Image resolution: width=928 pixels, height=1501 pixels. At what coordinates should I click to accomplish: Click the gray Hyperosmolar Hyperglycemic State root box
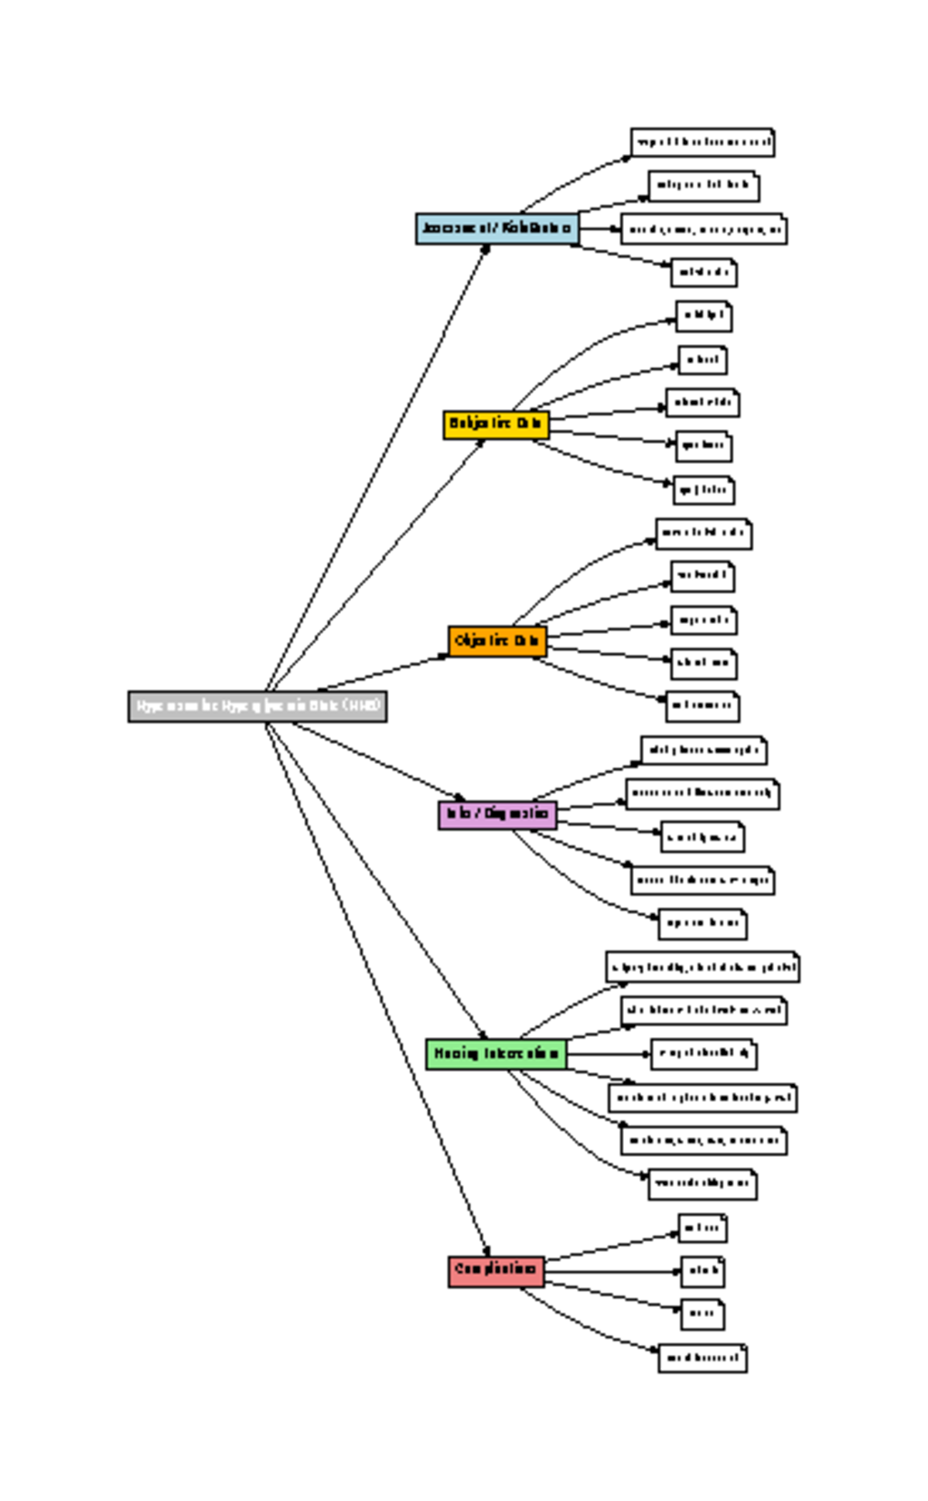click(257, 707)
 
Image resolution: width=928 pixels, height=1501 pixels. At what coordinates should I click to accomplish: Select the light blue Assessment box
click(496, 229)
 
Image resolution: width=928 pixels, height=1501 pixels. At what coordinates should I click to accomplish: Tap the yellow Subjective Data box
click(496, 425)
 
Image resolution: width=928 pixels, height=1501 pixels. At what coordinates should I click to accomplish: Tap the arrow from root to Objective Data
click(383, 673)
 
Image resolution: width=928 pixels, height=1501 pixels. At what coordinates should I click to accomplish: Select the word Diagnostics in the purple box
click(518, 814)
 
